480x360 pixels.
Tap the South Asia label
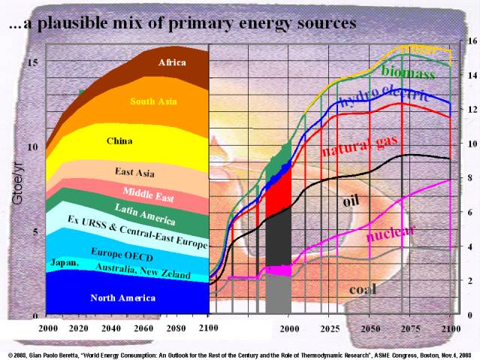pos(153,101)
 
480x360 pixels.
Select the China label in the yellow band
pos(119,141)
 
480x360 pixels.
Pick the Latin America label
pos(146,214)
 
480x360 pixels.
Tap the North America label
pos(123,298)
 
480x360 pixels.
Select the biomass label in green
pos(408,73)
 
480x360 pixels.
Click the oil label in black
pos(352,201)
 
